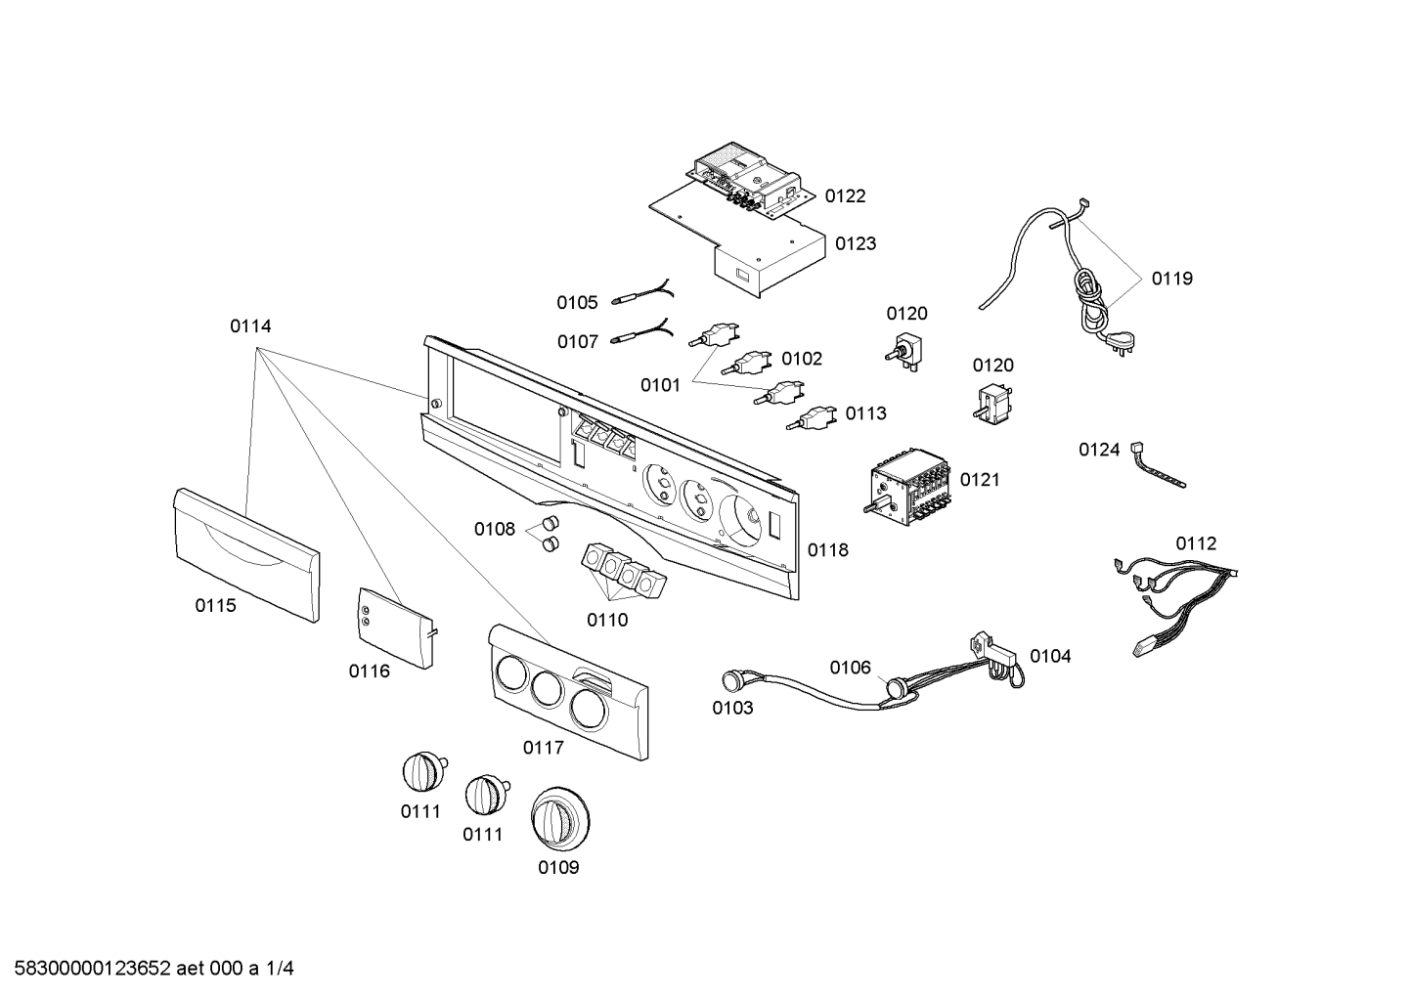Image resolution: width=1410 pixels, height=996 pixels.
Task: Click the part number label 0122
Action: click(x=845, y=196)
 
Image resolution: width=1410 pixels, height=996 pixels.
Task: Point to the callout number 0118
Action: click(x=828, y=550)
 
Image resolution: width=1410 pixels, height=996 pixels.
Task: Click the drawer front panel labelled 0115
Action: click(x=246, y=555)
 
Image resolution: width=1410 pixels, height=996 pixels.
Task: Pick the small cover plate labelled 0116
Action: click(x=395, y=628)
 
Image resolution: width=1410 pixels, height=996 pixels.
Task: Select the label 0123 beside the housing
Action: click(x=856, y=243)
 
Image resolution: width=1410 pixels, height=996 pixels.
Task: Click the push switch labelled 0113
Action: click(x=814, y=417)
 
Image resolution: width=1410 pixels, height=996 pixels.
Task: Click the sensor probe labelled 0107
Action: click(x=641, y=332)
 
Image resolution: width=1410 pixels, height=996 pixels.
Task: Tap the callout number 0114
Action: click(x=250, y=325)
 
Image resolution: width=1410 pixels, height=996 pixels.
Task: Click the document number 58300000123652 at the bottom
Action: click(x=93, y=969)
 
